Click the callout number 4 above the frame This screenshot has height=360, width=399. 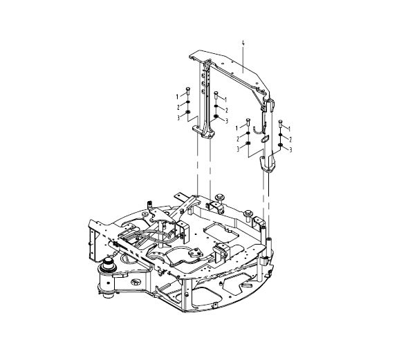pos(243,44)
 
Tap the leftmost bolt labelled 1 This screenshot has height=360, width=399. pos(188,91)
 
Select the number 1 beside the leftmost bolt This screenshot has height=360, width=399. pos(177,97)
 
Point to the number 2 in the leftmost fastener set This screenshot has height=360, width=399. pos(178,107)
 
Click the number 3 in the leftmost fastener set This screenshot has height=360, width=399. pos(178,117)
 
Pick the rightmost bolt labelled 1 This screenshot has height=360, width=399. pos(281,124)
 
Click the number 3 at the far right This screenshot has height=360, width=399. pos(290,150)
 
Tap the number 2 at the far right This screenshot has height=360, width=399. pos(290,140)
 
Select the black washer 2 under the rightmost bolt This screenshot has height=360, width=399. pos(281,135)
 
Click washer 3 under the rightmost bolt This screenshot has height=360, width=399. pos(281,145)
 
